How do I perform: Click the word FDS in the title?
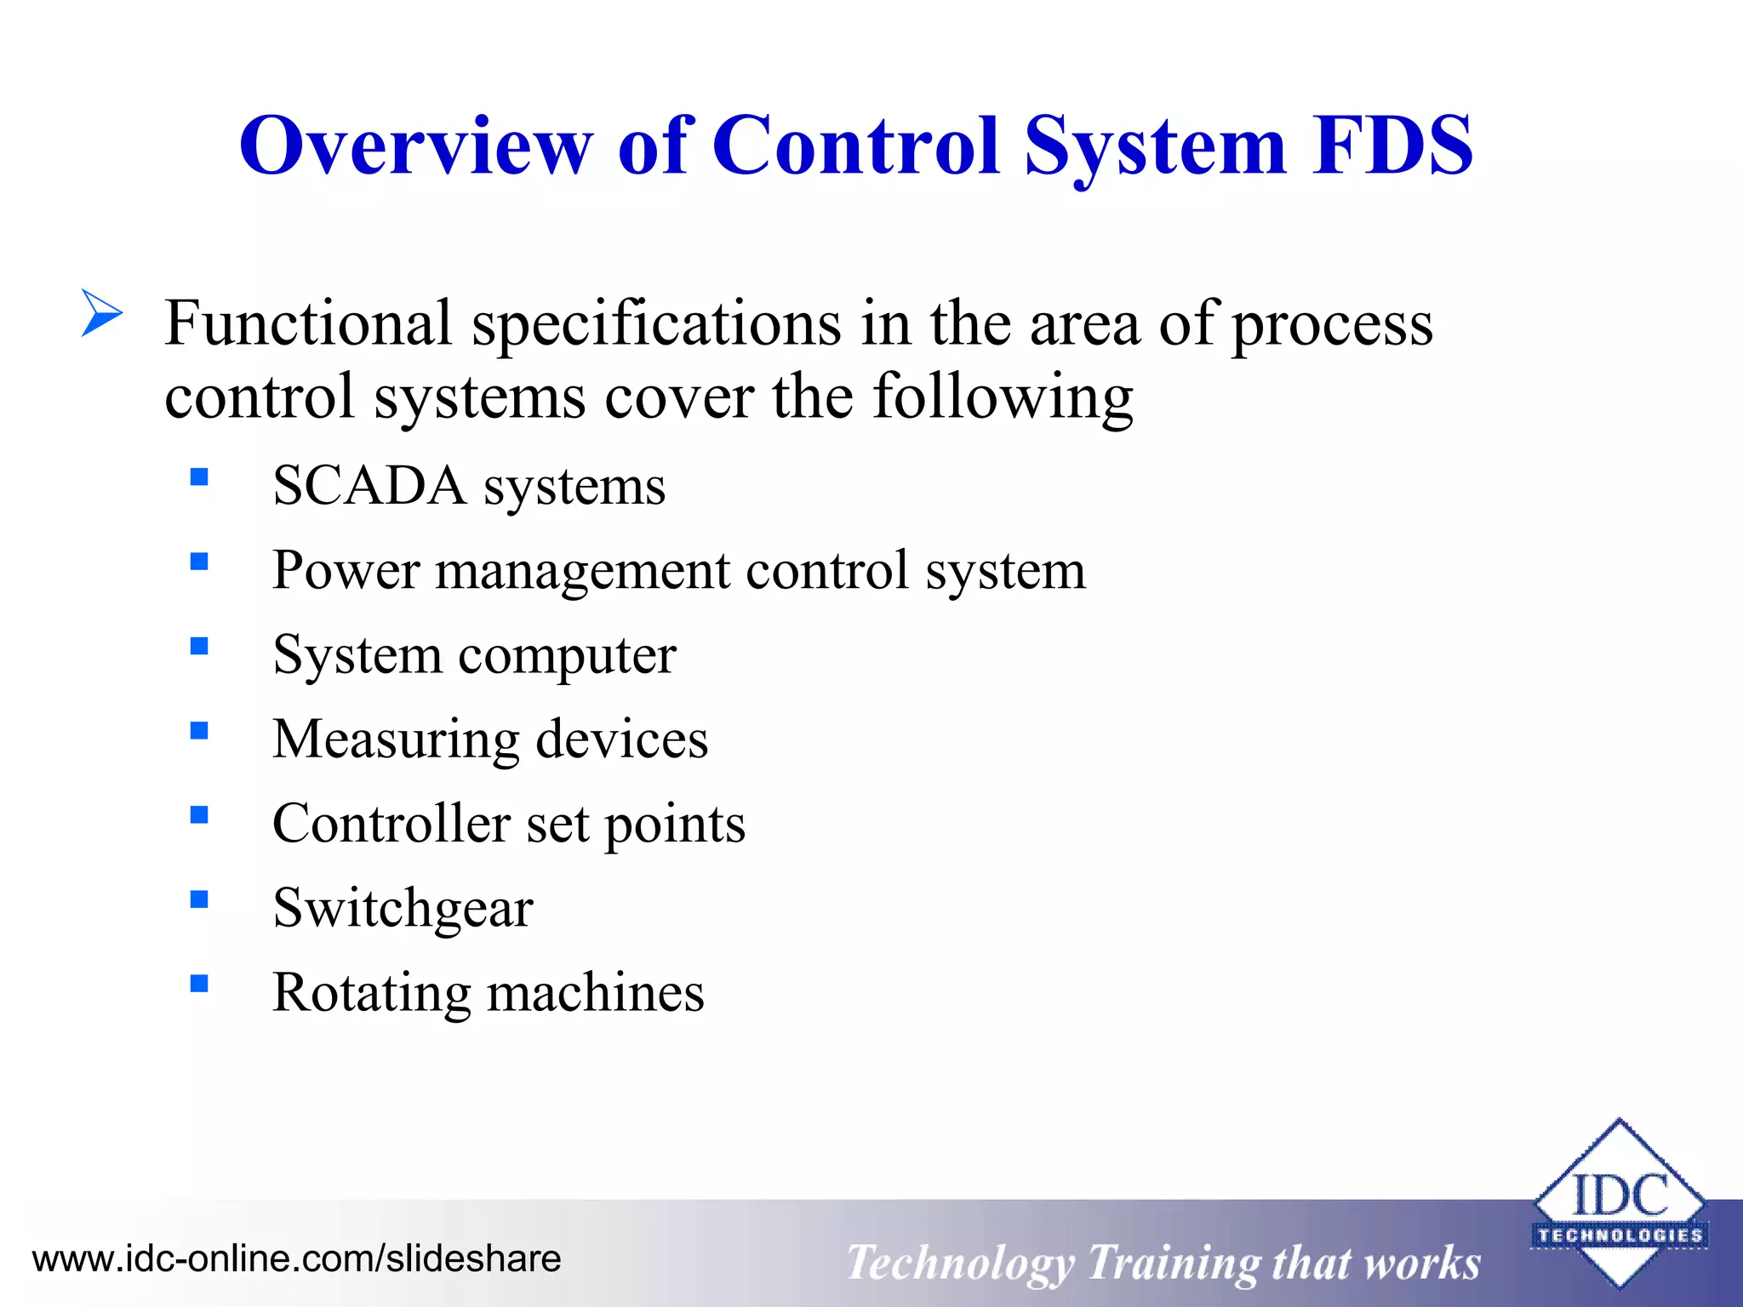click(x=1392, y=146)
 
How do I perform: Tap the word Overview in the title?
click(x=415, y=146)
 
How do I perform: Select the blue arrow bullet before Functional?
click(x=102, y=312)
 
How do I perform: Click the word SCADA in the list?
click(x=369, y=487)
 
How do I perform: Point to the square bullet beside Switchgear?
click(x=199, y=899)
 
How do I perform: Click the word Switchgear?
click(x=403, y=909)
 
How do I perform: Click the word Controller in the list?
click(x=391, y=824)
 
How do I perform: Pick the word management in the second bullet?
click(x=583, y=571)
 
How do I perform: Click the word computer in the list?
click(x=568, y=656)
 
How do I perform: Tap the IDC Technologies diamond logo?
click(x=1619, y=1203)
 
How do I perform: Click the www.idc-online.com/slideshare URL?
click(x=296, y=1258)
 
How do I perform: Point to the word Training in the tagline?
click(x=1173, y=1263)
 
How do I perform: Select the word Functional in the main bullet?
click(x=308, y=324)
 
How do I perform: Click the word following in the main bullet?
click(x=1003, y=397)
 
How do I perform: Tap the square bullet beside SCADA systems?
click(x=199, y=477)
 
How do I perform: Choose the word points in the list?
click(x=675, y=824)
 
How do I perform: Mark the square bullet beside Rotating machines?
click(x=199, y=984)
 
